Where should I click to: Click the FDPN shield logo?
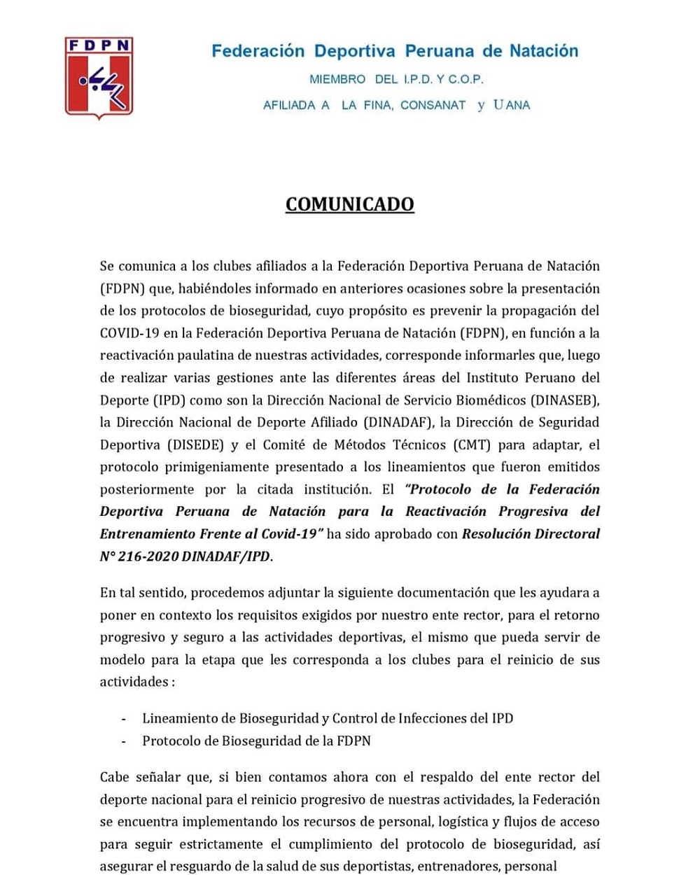pyautogui.click(x=99, y=77)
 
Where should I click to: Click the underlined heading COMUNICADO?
pyautogui.click(x=350, y=204)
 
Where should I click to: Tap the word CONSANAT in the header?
pyautogui.click(x=433, y=105)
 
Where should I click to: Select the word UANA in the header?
pyautogui.click(x=512, y=105)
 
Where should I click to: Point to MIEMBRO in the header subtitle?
pyautogui.click(x=337, y=80)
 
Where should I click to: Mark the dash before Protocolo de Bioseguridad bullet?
pyautogui.click(x=124, y=741)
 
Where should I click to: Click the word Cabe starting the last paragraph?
pyautogui.click(x=115, y=777)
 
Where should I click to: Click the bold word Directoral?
pyautogui.click(x=567, y=534)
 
